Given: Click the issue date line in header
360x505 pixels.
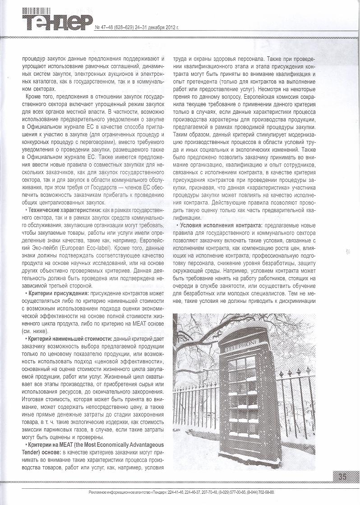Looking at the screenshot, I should tap(136, 28).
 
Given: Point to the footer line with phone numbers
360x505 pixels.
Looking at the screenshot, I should tap(180, 492).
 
